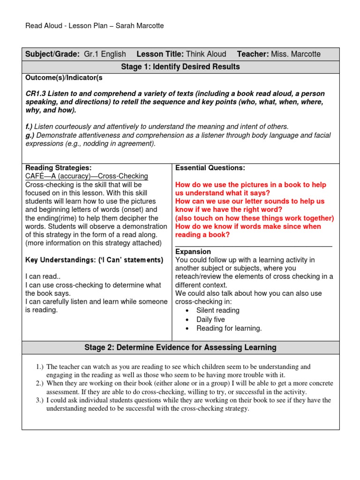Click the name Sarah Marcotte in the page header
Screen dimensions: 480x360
142,26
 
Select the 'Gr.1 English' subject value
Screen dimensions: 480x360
105,54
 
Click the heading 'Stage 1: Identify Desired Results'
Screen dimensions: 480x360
180,67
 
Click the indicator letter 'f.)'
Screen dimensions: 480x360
29,127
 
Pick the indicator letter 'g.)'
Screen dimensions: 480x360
30,135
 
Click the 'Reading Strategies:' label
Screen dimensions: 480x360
58,168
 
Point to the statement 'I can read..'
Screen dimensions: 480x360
44,277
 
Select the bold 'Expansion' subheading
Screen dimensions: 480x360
193,252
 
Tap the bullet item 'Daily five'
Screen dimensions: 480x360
210,319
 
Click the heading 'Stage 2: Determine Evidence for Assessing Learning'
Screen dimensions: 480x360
180,347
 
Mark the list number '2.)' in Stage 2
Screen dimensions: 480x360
39,383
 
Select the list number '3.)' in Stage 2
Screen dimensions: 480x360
39,400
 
